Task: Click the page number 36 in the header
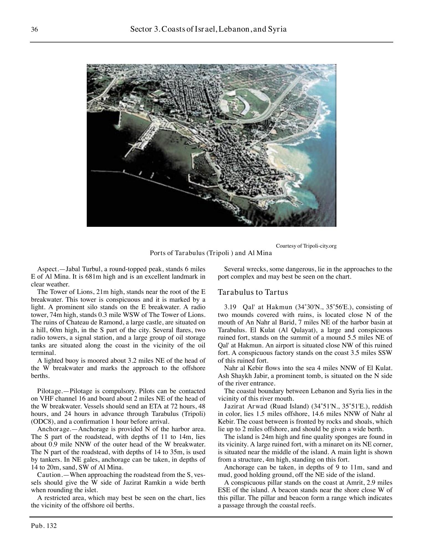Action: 34,29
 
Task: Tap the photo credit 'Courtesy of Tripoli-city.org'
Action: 306,246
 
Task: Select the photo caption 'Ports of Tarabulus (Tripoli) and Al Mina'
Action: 211,253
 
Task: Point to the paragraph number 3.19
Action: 230,307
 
